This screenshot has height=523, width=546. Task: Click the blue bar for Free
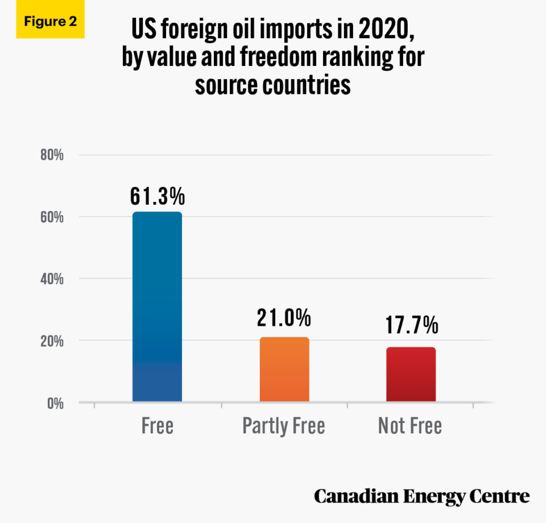tap(157, 307)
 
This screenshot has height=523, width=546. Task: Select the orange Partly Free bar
tap(284, 370)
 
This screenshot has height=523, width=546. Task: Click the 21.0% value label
tap(284, 318)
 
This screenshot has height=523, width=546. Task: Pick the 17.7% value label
tap(411, 326)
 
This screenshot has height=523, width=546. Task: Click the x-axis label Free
tap(158, 426)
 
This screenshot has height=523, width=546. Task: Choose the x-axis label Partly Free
tap(284, 426)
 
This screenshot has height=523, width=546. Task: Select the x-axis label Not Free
tap(410, 426)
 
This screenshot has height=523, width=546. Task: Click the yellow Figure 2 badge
tap(50, 22)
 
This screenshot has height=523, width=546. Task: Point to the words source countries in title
tap(272, 85)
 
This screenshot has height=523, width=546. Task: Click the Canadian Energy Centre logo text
tap(421, 496)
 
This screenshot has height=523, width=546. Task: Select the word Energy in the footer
tap(430, 496)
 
